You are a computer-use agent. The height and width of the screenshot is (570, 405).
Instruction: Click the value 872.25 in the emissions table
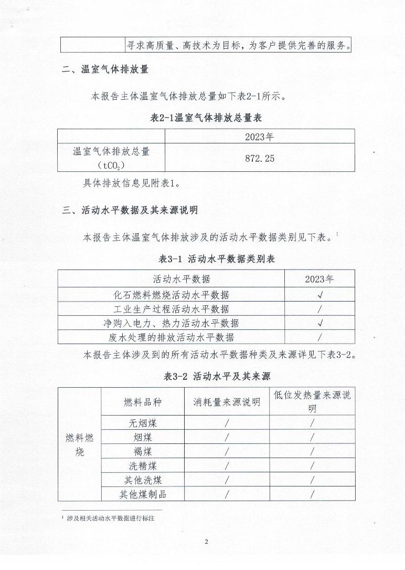(x=260, y=158)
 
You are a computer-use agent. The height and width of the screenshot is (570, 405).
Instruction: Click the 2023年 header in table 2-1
(x=260, y=137)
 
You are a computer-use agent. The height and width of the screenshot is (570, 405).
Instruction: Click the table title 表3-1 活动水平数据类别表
(x=217, y=259)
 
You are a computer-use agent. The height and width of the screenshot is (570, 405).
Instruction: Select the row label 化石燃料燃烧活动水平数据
(x=172, y=295)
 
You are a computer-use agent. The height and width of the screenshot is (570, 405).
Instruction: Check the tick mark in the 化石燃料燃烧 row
(x=319, y=295)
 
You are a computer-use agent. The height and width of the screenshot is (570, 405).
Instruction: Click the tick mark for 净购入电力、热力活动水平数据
(x=319, y=323)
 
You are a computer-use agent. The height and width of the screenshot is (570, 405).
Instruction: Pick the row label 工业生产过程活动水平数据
(x=172, y=309)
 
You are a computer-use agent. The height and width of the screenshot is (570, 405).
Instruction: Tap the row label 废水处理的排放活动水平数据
(x=172, y=337)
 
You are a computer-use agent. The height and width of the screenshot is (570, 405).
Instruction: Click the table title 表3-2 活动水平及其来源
(x=217, y=376)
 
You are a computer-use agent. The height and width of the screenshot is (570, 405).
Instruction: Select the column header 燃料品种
(x=143, y=402)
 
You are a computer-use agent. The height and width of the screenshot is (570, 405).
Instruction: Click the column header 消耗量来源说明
(x=227, y=402)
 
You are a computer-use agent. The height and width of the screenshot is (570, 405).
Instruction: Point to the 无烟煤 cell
(x=143, y=423)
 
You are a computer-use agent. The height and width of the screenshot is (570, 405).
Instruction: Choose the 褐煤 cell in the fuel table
(x=143, y=451)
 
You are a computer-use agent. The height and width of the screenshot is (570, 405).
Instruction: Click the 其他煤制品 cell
(x=143, y=494)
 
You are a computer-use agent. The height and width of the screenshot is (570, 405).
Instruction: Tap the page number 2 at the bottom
(x=207, y=542)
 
